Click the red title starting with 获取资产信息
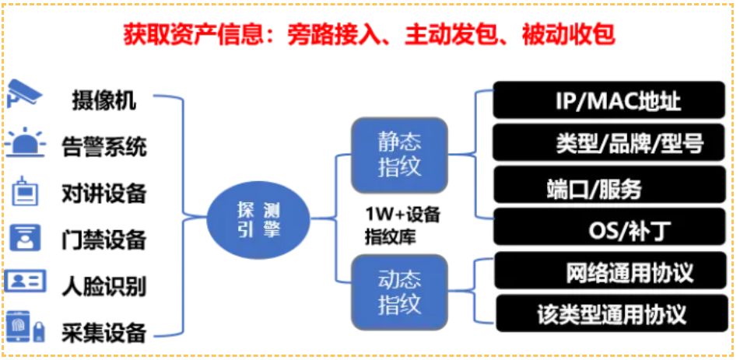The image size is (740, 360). pos(370,33)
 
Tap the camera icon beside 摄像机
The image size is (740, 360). pos(24,95)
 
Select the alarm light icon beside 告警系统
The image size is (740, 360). pos(25,143)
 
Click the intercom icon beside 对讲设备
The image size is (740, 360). pos(25,191)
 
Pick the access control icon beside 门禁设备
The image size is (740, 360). pos(25,238)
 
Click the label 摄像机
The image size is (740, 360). pos(103,100)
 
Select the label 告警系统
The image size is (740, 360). pos(103,146)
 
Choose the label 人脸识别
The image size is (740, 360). pos(103,285)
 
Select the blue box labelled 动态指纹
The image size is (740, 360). pos(399,290)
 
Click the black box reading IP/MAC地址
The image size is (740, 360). pos(612,101)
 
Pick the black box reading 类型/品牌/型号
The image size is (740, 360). pos(612,143)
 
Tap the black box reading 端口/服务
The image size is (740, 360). pos(612,187)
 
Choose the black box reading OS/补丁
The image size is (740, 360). pos(612,230)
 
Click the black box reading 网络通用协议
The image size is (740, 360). pos(612,272)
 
